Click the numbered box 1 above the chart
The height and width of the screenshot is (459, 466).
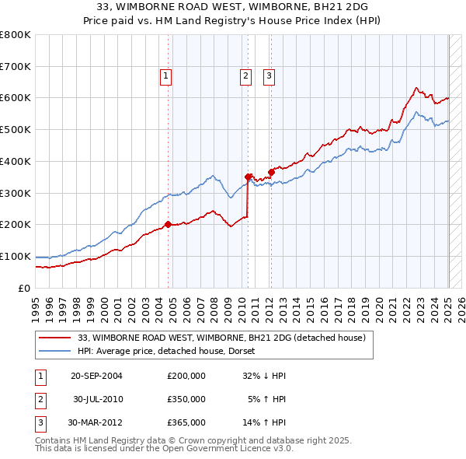167,76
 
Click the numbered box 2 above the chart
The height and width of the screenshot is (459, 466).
245,76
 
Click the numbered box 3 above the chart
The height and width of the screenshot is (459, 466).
269,76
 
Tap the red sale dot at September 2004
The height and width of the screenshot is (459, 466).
168,225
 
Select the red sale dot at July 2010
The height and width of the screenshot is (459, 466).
249,177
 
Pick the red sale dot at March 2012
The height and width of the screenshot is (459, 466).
271,172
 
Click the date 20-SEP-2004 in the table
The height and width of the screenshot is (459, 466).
96,376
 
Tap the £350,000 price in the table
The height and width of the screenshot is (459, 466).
186,399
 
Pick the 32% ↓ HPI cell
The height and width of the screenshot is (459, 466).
264,376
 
